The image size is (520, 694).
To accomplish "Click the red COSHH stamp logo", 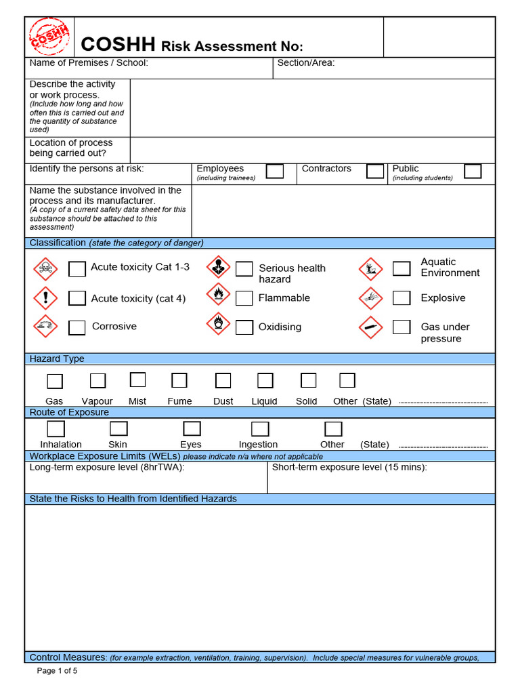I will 49,36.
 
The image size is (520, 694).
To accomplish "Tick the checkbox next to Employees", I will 275,171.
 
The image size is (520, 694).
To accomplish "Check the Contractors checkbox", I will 375,171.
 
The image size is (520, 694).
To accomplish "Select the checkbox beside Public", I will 473,171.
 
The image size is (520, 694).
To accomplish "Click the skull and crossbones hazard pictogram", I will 46,269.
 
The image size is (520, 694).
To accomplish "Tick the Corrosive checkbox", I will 77,327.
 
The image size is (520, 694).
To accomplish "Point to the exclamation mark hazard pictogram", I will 46,298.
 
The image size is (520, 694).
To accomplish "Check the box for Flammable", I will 244,298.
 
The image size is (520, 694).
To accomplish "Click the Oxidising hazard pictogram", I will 218,325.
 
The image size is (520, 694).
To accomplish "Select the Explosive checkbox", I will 402,298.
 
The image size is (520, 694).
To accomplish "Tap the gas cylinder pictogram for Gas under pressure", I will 371,327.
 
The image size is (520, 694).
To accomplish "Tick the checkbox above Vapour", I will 97,381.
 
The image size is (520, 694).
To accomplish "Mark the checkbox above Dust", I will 223,381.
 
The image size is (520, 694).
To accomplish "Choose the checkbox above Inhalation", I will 56,428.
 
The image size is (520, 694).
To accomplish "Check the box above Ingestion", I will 260,429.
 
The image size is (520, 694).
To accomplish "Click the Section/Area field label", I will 306,63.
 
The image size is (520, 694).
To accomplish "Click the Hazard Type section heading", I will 57,359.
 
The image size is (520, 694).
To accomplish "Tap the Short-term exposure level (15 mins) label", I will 349,467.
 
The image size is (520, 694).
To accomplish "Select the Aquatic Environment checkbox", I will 402,268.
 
